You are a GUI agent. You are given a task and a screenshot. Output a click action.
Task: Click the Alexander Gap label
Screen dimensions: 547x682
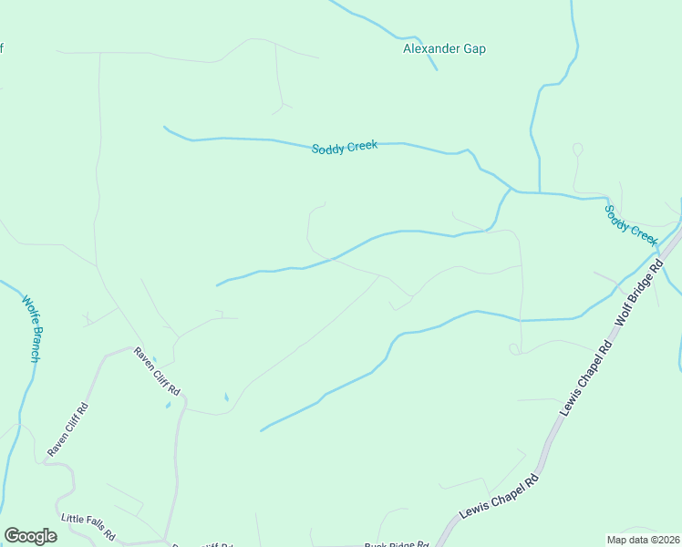pyautogui.click(x=444, y=48)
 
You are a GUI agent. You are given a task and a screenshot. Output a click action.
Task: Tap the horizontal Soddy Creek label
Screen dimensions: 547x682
pyautogui.click(x=345, y=148)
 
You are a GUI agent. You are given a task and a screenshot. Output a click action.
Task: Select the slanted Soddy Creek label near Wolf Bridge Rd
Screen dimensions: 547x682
pyautogui.click(x=631, y=223)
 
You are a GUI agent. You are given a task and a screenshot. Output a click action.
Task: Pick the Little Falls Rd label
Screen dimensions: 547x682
pyautogui.click(x=88, y=524)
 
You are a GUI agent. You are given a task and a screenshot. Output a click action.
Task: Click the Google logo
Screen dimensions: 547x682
pyautogui.click(x=30, y=536)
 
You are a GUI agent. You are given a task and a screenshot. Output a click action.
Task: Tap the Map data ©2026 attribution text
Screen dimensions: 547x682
pyautogui.click(x=643, y=539)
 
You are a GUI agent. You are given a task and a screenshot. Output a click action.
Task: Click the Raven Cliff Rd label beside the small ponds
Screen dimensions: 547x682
pyautogui.click(x=157, y=371)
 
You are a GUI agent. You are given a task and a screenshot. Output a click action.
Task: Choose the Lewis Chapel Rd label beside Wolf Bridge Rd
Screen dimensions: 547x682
pyautogui.click(x=585, y=379)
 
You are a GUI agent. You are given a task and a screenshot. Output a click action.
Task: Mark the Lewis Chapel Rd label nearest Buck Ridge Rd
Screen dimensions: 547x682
pyautogui.click(x=499, y=496)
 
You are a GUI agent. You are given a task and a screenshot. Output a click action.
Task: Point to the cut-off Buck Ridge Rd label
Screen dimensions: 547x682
pyautogui.click(x=397, y=544)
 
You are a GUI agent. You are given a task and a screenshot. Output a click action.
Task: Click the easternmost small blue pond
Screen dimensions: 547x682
pyautogui.click(x=226, y=397)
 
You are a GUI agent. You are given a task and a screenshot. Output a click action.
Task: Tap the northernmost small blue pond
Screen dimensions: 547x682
pyautogui.click(x=154, y=360)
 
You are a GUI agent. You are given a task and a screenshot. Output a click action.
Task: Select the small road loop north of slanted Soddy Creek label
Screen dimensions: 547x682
pyautogui.click(x=577, y=149)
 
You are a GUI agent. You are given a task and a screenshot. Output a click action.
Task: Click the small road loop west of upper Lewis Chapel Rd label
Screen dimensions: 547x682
pyautogui.click(x=514, y=348)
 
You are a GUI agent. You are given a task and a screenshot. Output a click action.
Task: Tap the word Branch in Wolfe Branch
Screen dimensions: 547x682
pyautogui.click(x=34, y=340)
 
